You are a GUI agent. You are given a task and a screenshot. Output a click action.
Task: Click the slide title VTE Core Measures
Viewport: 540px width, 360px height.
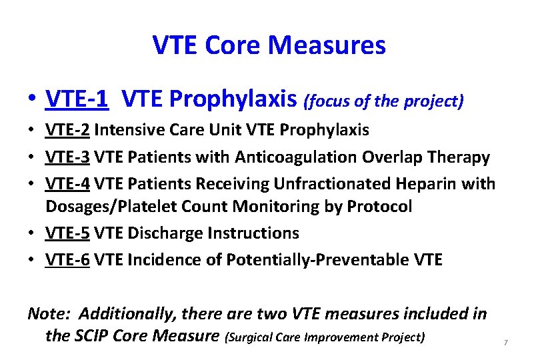(269, 46)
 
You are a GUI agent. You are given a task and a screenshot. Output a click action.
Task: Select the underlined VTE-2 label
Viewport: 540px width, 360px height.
(67, 129)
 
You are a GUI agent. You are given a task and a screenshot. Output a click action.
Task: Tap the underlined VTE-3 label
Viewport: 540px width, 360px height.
(67, 157)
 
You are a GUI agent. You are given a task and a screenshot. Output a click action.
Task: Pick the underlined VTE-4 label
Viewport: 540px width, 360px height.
(67, 183)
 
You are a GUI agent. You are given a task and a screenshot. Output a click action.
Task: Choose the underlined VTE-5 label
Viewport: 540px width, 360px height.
(67, 233)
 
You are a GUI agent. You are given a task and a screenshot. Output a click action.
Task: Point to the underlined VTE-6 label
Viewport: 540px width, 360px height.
(67, 259)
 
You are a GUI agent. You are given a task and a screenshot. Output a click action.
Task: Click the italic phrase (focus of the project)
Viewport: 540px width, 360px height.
(383, 101)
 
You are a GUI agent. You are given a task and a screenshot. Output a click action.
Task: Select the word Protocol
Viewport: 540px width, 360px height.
(379, 207)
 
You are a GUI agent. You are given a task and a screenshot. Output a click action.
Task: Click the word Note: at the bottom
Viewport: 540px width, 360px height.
(49, 313)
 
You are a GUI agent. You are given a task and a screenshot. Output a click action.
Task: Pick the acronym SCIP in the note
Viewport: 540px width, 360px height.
(92, 335)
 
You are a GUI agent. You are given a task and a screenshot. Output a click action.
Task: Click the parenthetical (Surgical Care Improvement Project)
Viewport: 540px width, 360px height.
(325, 337)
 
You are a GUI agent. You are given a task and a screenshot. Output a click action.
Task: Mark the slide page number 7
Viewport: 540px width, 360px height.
(506, 343)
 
